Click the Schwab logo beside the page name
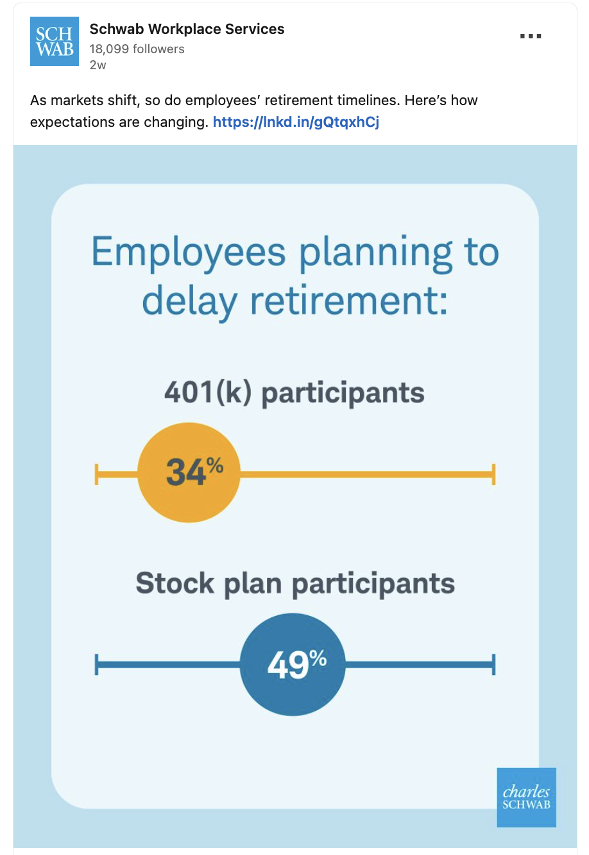click(x=55, y=42)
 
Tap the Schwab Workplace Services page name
click(x=187, y=29)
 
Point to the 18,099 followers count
click(x=137, y=49)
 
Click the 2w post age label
click(x=98, y=65)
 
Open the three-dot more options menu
click(x=531, y=37)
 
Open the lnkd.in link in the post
click(x=296, y=122)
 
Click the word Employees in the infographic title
click(x=189, y=253)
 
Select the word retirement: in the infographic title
click(x=348, y=301)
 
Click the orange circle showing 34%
click(x=189, y=472)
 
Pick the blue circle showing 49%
click(x=293, y=664)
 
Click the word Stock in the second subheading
click(x=175, y=583)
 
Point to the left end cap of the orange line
click(x=96, y=474)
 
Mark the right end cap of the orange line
click(x=493, y=474)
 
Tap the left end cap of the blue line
click(x=96, y=665)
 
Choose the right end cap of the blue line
click(x=493, y=665)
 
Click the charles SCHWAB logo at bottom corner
click(x=526, y=797)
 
